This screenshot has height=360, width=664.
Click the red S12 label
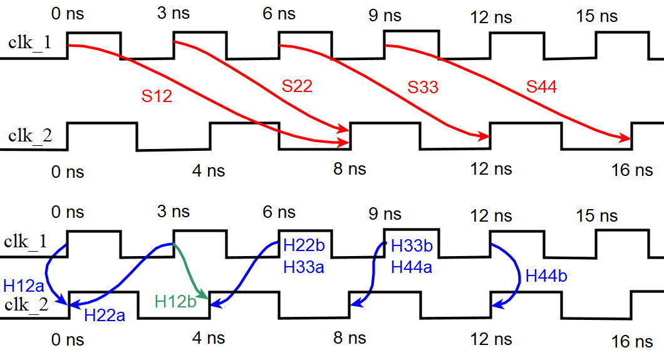click(157, 97)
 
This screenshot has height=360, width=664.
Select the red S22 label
click(297, 86)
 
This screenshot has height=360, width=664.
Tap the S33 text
click(423, 87)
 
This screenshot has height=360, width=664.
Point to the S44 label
click(541, 87)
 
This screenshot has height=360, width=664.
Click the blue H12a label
click(23, 286)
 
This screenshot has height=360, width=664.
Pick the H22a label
click(105, 315)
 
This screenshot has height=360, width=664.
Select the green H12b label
click(175, 301)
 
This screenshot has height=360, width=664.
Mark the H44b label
click(546, 276)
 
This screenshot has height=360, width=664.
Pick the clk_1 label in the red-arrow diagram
click(30, 43)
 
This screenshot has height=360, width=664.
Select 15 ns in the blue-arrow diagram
click(596, 216)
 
